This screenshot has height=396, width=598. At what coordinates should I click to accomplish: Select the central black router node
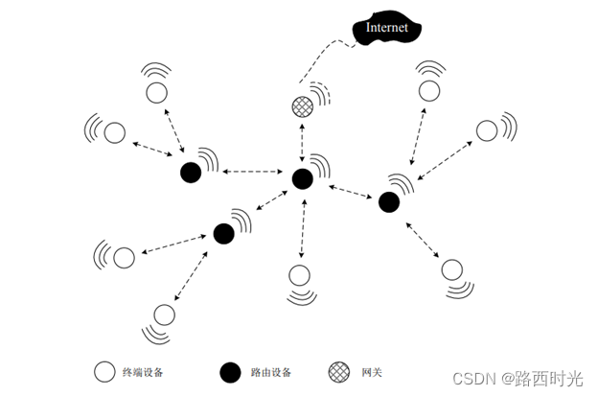(303, 178)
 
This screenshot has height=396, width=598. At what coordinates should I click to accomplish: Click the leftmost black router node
(191, 173)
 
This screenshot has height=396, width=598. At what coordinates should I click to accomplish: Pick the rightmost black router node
(388, 201)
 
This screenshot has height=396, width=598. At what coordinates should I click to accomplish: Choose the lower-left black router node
(224, 233)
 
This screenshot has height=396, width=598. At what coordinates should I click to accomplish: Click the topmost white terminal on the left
(155, 93)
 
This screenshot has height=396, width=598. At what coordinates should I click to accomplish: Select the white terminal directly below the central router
(300, 275)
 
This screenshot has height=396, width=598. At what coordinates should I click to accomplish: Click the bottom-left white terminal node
(164, 314)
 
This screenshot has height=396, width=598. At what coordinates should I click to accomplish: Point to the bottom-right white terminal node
(451, 269)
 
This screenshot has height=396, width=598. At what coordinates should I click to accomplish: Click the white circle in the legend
(103, 372)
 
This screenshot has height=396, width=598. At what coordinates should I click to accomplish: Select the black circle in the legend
(229, 372)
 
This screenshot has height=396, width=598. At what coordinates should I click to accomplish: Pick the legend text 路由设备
(270, 372)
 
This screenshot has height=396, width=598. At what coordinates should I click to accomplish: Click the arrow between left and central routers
(246, 174)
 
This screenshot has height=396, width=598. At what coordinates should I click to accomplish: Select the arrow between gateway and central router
(303, 143)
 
